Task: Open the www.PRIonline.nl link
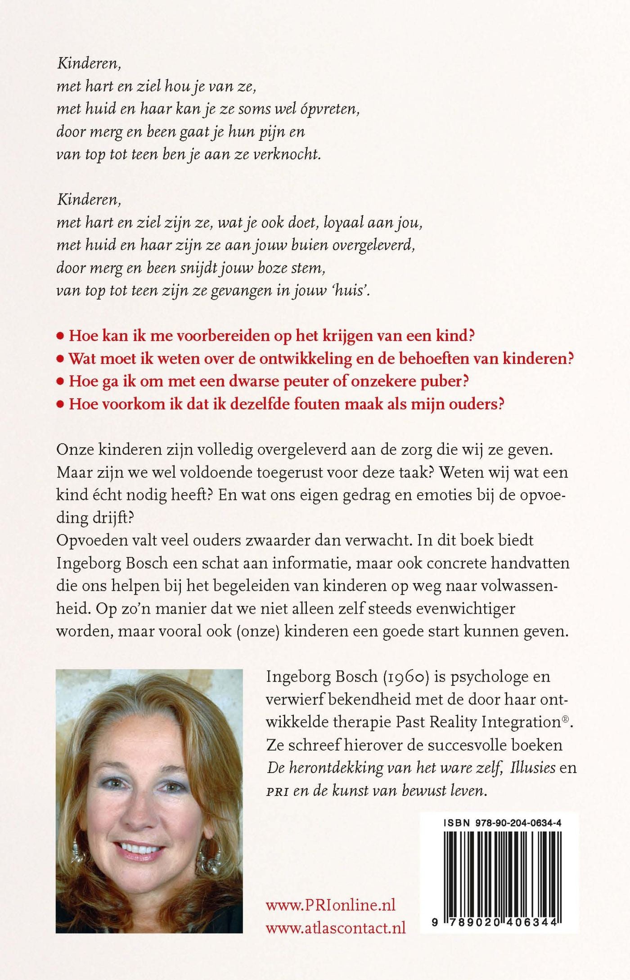click(x=331, y=905)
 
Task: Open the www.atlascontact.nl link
click(x=336, y=927)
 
